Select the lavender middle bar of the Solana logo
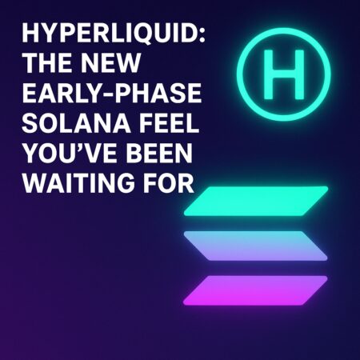pos(256,245)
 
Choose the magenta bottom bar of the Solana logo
pos(256,289)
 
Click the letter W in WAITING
pos(37,183)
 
